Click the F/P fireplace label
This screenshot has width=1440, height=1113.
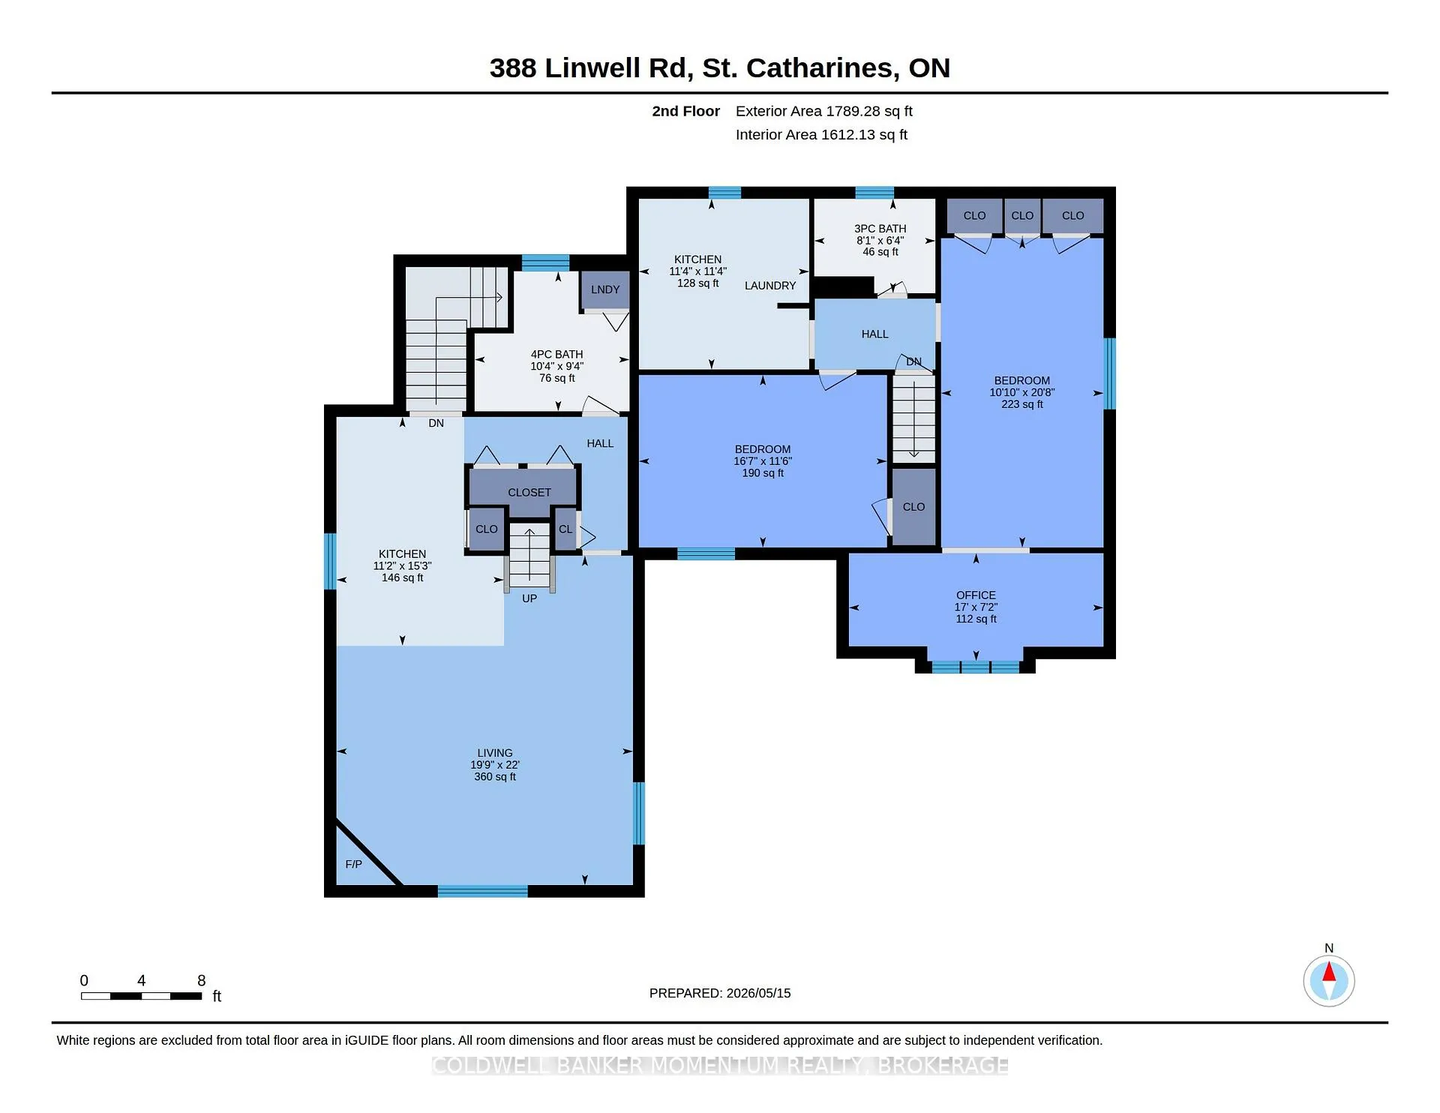(x=353, y=864)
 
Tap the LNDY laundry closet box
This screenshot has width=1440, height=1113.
(x=605, y=290)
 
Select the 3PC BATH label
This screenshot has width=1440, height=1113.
(x=880, y=229)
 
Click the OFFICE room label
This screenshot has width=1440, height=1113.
(x=976, y=595)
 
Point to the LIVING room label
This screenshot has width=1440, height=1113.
(x=495, y=753)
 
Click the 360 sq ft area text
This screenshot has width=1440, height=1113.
(x=495, y=777)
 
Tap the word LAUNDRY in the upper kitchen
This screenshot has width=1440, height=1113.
(x=770, y=286)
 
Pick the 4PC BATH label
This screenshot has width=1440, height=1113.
(x=556, y=355)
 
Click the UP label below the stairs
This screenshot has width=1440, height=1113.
(x=529, y=598)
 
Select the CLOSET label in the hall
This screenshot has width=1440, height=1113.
(x=529, y=493)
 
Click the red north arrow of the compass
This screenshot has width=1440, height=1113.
(x=1329, y=972)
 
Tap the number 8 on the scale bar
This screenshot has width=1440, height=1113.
(x=201, y=980)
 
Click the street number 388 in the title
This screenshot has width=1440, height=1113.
(x=513, y=68)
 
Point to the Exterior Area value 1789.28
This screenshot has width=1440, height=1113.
(x=853, y=111)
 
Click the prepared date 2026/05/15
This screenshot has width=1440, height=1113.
(x=758, y=993)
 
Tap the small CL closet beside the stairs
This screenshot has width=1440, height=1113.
(x=565, y=529)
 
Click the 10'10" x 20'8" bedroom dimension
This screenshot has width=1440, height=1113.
(x=1021, y=392)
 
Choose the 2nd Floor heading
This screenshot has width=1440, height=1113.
(x=685, y=111)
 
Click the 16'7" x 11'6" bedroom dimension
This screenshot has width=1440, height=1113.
(x=763, y=461)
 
